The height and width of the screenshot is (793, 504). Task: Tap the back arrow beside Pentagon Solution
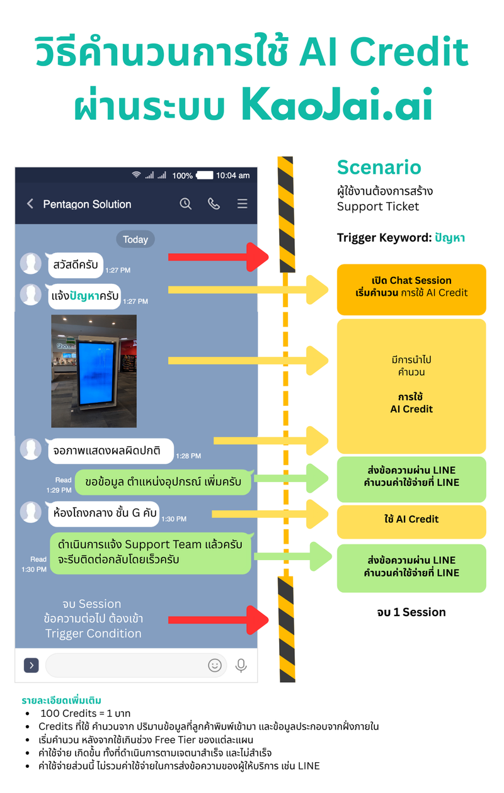tap(30, 204)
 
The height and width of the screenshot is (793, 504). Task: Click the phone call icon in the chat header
tap(214, 204)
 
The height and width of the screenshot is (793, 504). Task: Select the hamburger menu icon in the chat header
tap(242, 204)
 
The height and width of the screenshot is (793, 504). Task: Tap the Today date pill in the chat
tap(135, 239)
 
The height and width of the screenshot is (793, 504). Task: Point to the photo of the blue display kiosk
tap(94, 371)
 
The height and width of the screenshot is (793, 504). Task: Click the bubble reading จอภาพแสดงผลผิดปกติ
tap(110, 451)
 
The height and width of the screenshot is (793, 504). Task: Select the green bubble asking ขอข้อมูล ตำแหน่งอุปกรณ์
tap(163, 482)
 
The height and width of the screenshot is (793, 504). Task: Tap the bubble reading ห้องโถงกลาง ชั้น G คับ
tap(103, 512)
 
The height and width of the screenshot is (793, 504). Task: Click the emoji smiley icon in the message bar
tap(215, 665)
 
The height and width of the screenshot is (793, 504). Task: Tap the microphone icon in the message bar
tap(241, 665)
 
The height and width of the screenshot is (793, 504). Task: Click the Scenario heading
tap(379, 167)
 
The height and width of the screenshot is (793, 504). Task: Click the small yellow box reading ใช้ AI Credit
tap(411, 519)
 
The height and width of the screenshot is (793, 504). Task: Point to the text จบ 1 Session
tap(411, 612)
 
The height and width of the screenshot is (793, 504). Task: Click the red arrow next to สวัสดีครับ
tap(217, 257)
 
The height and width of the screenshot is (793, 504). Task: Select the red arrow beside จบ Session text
tap(217, 619)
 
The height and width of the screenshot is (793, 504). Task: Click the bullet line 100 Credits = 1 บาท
tap(85, 714)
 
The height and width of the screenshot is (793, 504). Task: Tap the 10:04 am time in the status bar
tap(232, 176)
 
